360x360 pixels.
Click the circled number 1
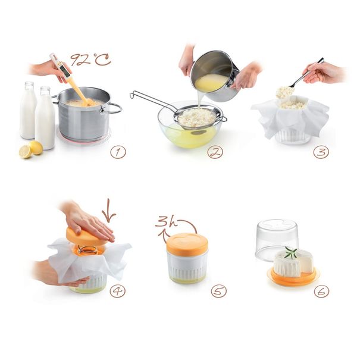[118, 152]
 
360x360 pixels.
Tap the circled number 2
[215, 152]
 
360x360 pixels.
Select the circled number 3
[321, 152]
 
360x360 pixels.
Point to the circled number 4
[118, 291]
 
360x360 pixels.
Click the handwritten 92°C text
[90, 60]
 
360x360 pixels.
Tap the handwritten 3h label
[167, 221]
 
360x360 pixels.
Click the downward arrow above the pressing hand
[109, 211]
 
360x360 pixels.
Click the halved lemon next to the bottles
[25, 152]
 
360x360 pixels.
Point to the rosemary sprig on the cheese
[292, 252]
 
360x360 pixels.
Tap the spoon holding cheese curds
[305, 74]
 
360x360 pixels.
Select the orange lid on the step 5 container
[187, 244]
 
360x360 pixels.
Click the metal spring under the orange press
[88, 250]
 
